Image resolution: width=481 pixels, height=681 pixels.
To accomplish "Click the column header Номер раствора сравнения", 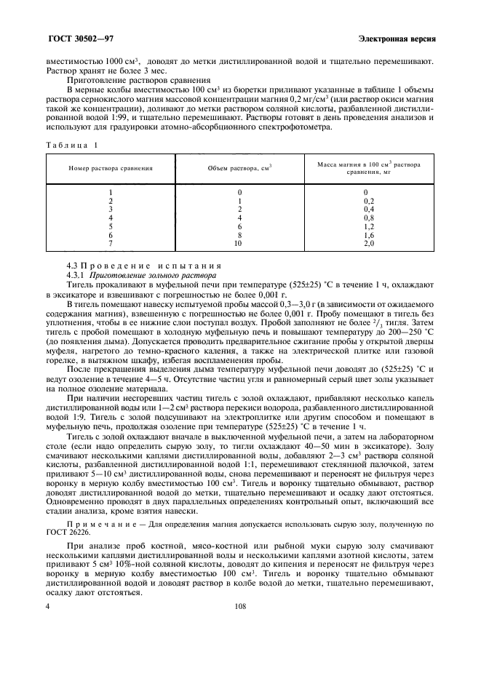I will tap(111, 167).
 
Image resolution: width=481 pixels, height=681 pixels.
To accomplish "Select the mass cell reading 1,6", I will tap(369, 234).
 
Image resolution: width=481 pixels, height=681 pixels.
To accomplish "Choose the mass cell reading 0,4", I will tap(369, 208).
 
